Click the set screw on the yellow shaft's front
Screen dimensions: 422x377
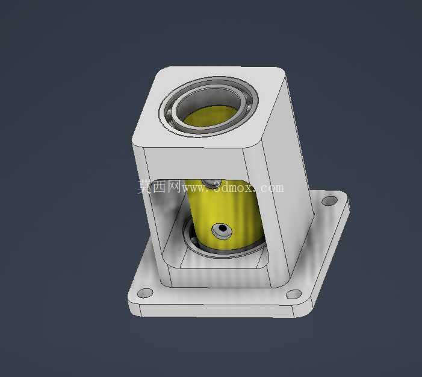click(222, 231)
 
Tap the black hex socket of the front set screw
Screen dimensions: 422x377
click(223, 228)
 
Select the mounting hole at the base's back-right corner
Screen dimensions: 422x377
click(329, 201)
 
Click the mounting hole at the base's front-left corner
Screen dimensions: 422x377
click(145, 293)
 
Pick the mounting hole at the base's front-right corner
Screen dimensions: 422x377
click(294, 294)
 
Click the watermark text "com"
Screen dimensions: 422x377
click(272, 187)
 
